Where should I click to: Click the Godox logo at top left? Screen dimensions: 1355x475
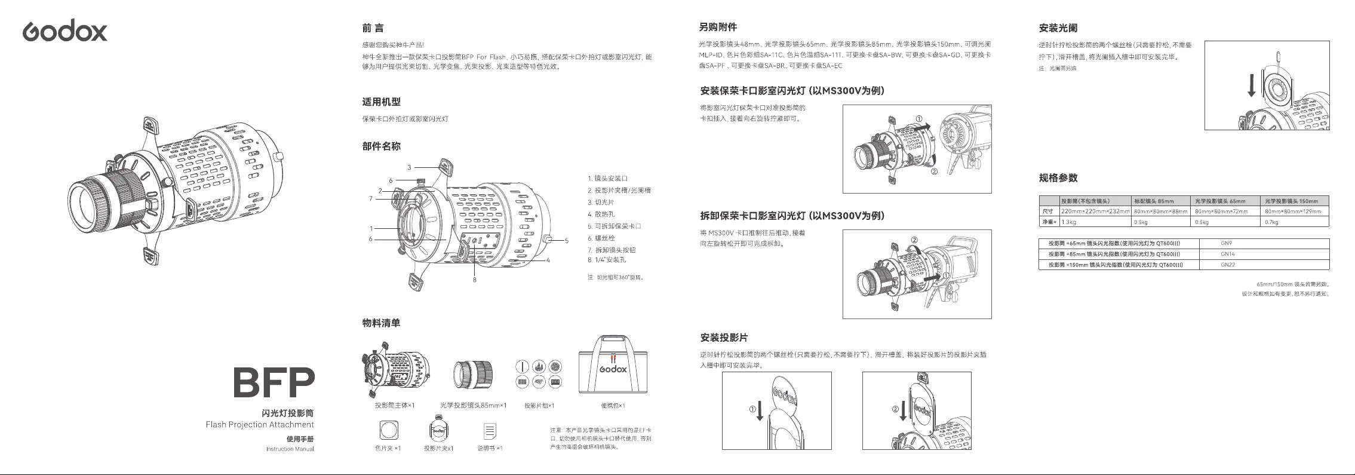[x=65, y=30]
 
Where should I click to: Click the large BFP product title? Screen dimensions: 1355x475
[x=274, y=382]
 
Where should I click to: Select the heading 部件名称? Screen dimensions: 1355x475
[x=381, y=146]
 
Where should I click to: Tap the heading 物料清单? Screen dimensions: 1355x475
[x=381, y=323]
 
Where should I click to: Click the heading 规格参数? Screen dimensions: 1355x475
[x=1058, y=178]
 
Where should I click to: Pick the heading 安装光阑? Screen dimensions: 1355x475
[x=1058, y=28]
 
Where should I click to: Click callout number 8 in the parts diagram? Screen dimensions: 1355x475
[x=475, y=280]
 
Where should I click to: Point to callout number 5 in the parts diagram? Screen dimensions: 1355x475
[x=566, y=240]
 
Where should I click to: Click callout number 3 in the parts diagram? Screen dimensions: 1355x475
[x=410, y=167]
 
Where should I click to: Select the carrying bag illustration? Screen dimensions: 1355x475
[x=613, y=366]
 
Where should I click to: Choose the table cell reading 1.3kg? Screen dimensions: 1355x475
[x=1069, y=222]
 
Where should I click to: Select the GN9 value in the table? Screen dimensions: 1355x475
[x=1227, y=243]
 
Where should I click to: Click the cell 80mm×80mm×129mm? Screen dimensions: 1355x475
[x=1292, y=212]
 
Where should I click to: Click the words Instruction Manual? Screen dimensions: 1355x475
[x=290, y=449]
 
